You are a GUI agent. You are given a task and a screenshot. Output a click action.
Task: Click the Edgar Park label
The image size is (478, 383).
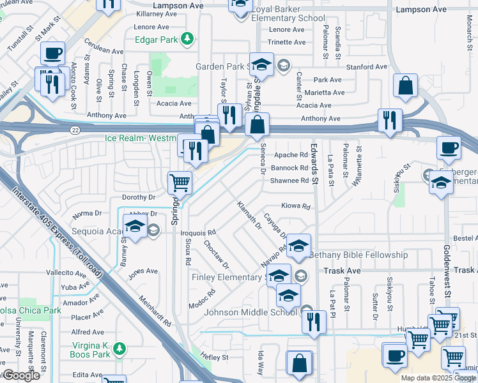point(156,39)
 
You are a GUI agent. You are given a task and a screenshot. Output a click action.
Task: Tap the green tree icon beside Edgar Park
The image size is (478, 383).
point(187,39)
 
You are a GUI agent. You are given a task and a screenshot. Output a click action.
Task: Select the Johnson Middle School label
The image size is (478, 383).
point(251,312)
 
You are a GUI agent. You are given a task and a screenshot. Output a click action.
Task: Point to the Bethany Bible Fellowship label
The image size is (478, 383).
point(358,255)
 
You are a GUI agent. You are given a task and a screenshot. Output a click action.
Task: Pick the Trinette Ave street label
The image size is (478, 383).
point(287,42)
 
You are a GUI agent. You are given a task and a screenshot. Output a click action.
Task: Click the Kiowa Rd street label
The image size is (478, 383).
point(296,207)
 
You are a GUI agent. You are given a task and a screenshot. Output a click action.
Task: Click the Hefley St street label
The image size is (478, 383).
point(214,357)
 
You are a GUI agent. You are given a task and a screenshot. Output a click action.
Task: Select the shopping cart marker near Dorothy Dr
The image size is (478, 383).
point(180,183)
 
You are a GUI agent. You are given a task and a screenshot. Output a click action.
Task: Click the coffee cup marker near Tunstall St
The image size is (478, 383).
point(53,53)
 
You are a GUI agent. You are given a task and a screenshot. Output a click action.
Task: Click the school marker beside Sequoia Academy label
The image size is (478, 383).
point(135,227)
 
